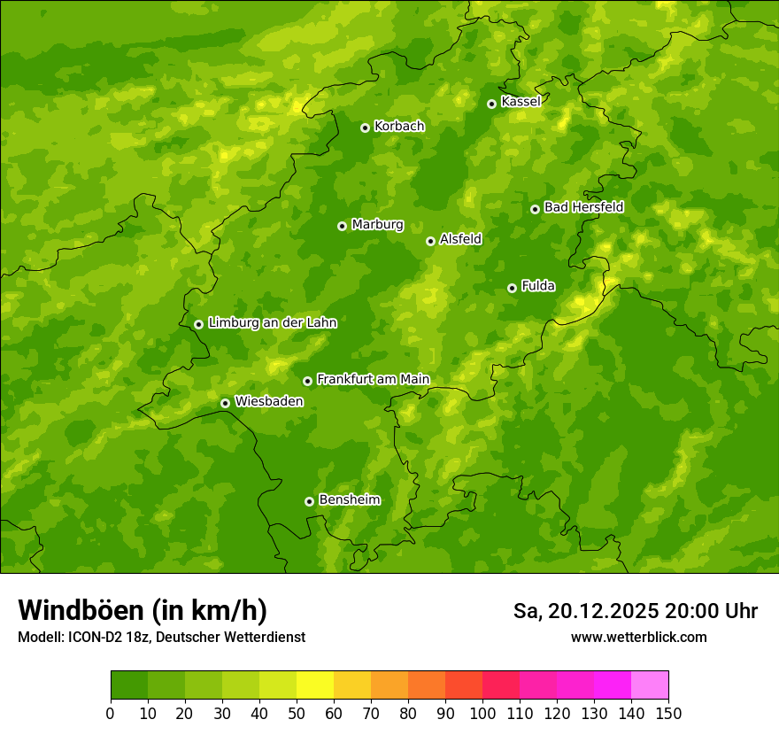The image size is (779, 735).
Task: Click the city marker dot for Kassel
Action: click(x=491, y=104)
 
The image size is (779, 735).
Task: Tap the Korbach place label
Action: click(x=399, y=127)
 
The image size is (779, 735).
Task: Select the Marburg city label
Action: click(x=377, y=225)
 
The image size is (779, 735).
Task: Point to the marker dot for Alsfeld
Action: click(x=430, y=241)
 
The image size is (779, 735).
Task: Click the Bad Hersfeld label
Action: click(x=583, y=207)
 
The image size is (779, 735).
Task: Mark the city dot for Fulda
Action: click(x=512, y=288)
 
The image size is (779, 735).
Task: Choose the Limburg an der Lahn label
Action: click(x=272, y=323)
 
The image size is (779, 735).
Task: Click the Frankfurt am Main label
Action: click(x=373, y=379)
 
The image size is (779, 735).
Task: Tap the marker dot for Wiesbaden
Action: click(x=225, y=403)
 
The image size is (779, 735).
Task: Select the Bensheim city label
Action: click(x=349, y=499)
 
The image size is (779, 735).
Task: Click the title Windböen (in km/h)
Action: click(x=143, y=610)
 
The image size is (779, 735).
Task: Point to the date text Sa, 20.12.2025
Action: click(x=586, y=611)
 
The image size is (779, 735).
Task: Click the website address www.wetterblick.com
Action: click(x=638, y=637)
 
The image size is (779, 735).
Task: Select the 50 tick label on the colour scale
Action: click(x=297, y=713)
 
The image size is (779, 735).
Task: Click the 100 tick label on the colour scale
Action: click(x=482, y=713)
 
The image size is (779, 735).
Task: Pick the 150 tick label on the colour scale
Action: click(x=668, y=713)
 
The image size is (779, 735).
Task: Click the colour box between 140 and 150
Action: click(x=650, y=685)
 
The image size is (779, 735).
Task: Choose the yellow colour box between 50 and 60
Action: click(x=315, y=685)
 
